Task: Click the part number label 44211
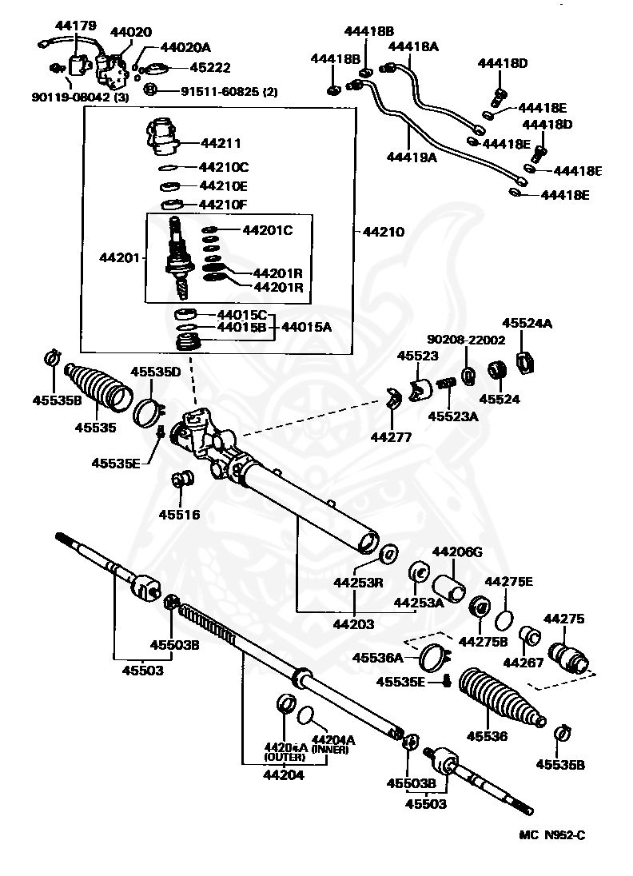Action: click(x=221, y=144)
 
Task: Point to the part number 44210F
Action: click(x=225, y=205)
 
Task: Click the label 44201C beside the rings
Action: click(x=267, y=230)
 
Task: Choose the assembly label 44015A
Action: click(x=307, y=327)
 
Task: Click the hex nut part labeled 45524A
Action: click(x=526, y=364)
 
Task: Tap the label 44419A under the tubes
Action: click(x=412, y=158)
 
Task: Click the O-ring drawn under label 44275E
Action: click(x=504, y=620)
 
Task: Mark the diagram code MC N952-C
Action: click(x=552, y=836)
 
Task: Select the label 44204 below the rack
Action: click(x=285, y=774)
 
